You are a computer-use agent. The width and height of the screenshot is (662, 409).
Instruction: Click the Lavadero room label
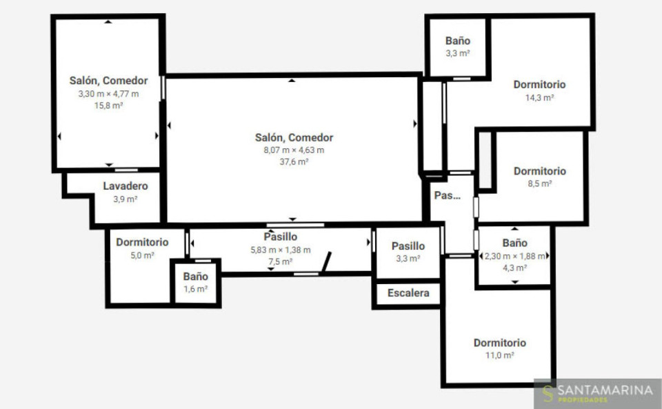pyautogui.click(x=126, y=186)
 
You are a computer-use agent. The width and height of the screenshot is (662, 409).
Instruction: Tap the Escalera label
pyautogui.click(x=408, y=293)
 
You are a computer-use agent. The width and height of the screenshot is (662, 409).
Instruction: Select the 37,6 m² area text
pyautogui.click(x=294, y=161)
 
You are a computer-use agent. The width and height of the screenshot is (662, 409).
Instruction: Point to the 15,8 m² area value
pyautogui.click(x=108, y=106)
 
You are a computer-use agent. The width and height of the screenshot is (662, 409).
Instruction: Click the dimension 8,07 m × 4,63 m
pyautogui.click(x=294, y=150)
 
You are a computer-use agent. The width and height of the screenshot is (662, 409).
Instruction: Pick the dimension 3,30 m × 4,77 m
pyautogui.click(x=108, y=94)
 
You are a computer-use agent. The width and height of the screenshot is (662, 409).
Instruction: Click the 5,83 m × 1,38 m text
pyautogui.click(x=281, y=250)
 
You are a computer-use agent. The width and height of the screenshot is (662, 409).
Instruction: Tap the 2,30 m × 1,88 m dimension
pyautogui.click(x=514, y=256)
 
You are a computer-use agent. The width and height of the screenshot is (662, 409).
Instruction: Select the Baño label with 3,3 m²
pyautogui.click(x=458, y=41)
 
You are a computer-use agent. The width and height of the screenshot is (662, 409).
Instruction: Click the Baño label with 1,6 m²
pyautogui.click(x=195, y=277)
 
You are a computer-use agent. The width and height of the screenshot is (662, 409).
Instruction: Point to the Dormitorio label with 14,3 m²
pyautogui.click(x=539, y=84)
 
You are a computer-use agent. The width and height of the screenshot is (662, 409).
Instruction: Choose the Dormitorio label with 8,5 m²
pyautogui.click(x=539, y=171)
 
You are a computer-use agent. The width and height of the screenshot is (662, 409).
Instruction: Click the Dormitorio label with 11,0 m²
pyautogui.click(x=500, y=343)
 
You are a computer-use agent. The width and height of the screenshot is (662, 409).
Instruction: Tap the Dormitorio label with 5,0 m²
pyautogui.click(x=142, y=242)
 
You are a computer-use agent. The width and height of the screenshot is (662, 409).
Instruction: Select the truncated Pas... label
pyautogui.click(x=447, y=195)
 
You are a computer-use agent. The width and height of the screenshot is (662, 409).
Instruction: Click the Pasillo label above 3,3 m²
pyautogui.click(x=408, y=246)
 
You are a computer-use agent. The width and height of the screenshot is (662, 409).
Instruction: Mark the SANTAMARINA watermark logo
pyautogui.click(x=597, y=393)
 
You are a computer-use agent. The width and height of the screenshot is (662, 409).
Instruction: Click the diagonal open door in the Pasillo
pyautogui.click(x=327, y=261)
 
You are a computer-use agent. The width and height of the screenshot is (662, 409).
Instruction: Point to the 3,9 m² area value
pyautogui.click(x=126, y=199)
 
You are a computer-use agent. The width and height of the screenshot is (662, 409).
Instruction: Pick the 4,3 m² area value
pyautogui.click(x=514, y=268)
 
